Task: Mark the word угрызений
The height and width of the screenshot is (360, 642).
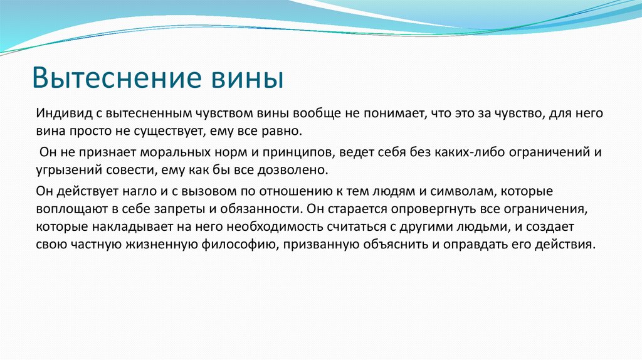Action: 64,170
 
